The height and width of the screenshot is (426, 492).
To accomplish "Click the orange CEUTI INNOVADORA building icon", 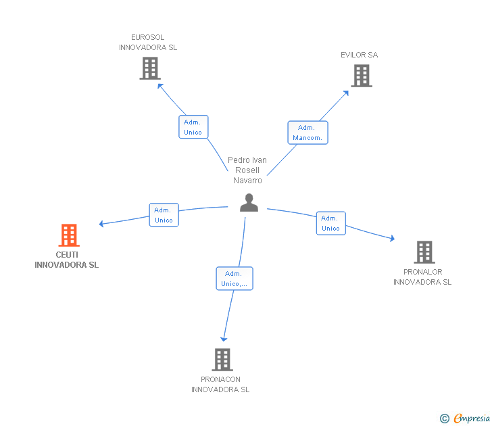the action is (69, 235).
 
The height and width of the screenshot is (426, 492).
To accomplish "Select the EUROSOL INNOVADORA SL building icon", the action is (150, 68).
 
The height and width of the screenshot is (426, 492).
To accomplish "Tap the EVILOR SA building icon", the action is (362, 76).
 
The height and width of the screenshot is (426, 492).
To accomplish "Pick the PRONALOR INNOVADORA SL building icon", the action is (424, 252).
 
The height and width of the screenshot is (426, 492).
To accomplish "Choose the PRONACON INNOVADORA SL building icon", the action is (222, 360).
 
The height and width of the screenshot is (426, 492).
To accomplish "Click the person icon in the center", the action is (249, 203).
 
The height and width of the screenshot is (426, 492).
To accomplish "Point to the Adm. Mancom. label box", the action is (307, 133).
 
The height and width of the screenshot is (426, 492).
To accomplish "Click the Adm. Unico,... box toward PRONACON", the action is (235, 279).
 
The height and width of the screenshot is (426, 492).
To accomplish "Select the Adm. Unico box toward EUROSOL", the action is (193, 127).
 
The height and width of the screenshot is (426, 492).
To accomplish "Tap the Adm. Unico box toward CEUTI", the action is (164, 215).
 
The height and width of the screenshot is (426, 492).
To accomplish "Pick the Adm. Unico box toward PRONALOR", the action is (330, 223).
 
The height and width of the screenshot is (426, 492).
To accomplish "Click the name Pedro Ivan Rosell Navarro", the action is (247, 170).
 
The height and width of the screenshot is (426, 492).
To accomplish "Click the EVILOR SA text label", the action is (360, 55).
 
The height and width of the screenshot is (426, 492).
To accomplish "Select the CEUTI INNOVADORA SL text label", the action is (66, 260).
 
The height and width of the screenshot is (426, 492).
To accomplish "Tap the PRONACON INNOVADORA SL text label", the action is (220, 384).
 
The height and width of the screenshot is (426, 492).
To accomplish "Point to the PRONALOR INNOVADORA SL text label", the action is (422, 277).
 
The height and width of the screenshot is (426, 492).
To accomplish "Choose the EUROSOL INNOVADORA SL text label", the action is (148, 43).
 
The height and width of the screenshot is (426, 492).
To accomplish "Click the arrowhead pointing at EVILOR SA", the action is (346, 93).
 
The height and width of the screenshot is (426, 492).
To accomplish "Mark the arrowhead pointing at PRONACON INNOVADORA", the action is (224, 339).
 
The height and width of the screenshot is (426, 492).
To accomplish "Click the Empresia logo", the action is (465, 419).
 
